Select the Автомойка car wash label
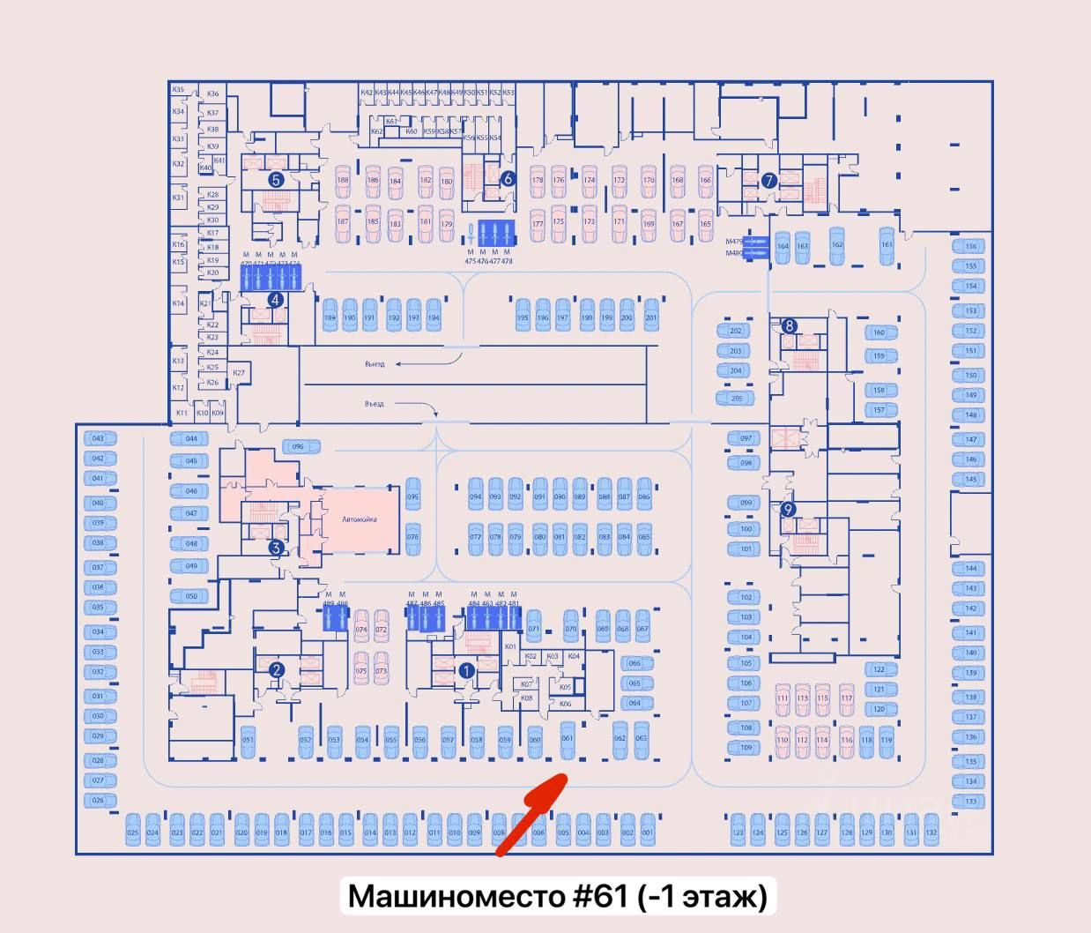click(x=360, y=519)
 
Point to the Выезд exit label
click(x=375, y=364)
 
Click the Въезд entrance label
click(x=375, y=404)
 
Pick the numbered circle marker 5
click(x=276, y=180)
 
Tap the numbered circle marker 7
click(x=768, y=181)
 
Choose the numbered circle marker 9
click(x=788, y=509)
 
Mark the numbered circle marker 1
click(x=467, y=670)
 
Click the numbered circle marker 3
click(x=276, y=548)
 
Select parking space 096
click(x=298, y=446)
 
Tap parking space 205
click(x=736, y=399)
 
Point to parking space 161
click(x=887, y=244)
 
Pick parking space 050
click(x=191, y=596)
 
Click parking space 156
click(x=970, y=247)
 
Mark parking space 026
click(x=98, y=801)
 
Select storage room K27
click(x=239, y=373)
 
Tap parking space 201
click(x=651, y=317)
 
